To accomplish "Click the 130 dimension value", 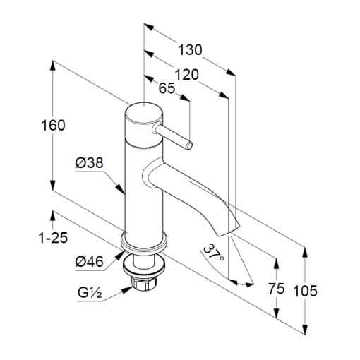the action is (x=190, y=50).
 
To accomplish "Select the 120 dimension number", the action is (x=186, y=75).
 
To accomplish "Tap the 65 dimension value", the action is (x=167, y=88).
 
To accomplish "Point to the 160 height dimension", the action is (x=53, y=125).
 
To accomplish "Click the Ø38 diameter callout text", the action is (x=90, y=163).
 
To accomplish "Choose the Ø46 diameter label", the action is (x=90, y=261).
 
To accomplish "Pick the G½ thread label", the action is (x=90, y=293).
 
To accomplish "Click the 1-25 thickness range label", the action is (x=53, y=238).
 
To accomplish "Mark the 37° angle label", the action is (x=213, y=254).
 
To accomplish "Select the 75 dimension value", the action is (x=277, y=289).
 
